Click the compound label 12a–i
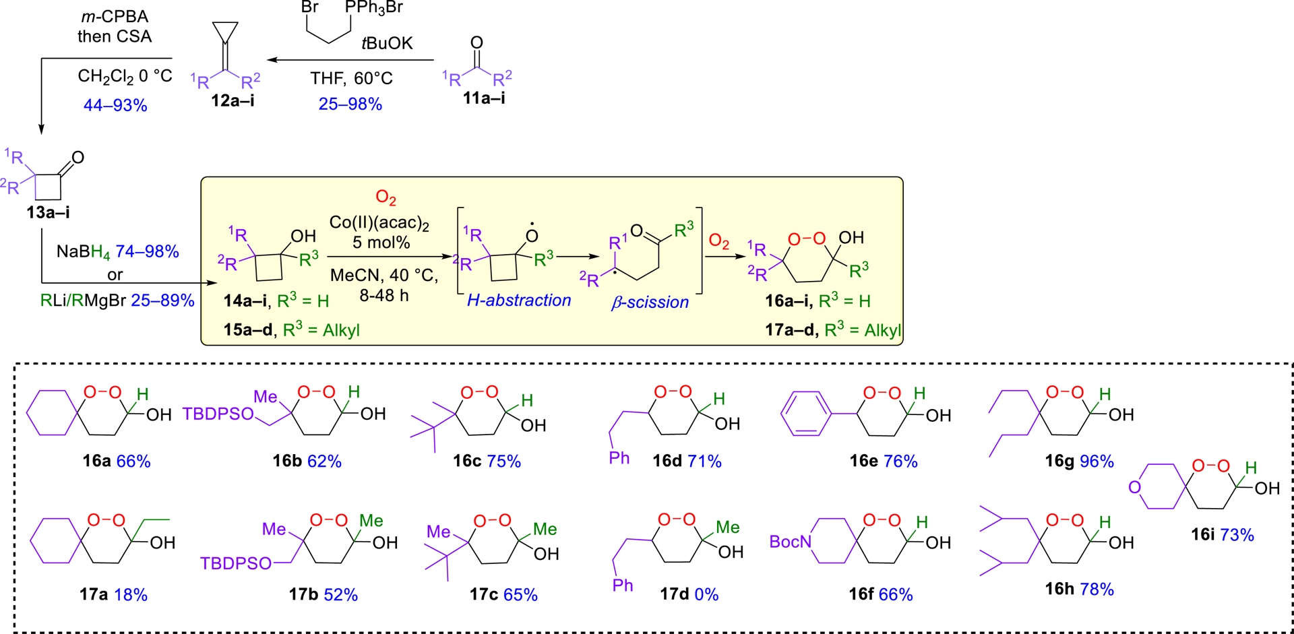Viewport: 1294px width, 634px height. (x=233, y=100)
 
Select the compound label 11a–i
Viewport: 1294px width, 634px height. (x=484, y=98)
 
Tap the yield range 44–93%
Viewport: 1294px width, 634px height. (x=115, y=105)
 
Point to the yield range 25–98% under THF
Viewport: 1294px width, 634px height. (x=350, y=104)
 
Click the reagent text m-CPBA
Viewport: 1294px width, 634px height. (x=115, y=16)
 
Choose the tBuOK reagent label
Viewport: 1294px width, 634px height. (x=387, y=43)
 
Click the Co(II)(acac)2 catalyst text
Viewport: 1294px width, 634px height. (x=379, y=223)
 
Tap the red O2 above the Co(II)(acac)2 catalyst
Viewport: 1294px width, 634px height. (x=386, y=197)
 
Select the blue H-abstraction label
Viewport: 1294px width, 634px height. (x=519, y=300)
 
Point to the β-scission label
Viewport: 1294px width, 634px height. (x=650, y=303)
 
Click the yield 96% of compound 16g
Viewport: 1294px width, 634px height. (x=1097, y=461)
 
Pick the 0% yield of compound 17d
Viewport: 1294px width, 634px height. (x=706, y=594)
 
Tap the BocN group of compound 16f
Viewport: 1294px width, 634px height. (x=791, y=542)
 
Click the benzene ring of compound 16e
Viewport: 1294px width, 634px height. (x=806, y=414)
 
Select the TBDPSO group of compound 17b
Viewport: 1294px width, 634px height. (x=236, y=563)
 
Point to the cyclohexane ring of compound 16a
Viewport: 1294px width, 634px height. (x=52, y=412)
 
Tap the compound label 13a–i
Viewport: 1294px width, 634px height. (x=48, y=212)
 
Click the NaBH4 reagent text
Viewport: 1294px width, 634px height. (x=84, y=252)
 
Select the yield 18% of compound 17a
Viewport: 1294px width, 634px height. (x=131, y=594)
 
